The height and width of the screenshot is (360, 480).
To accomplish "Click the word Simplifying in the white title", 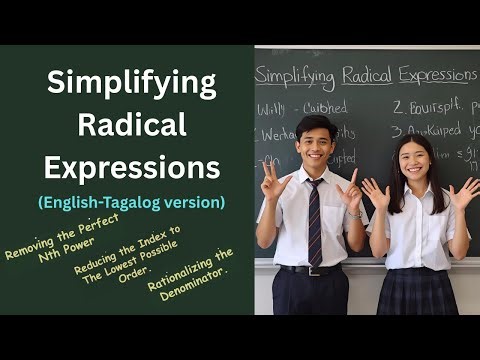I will point(131,84).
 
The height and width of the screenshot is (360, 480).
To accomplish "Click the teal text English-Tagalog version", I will point(131,201).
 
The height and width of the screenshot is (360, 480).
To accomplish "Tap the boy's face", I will point(315,144).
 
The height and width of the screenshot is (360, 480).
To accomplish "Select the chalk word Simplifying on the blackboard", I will point(299,75).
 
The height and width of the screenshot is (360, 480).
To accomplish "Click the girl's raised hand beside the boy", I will point(374,192).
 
